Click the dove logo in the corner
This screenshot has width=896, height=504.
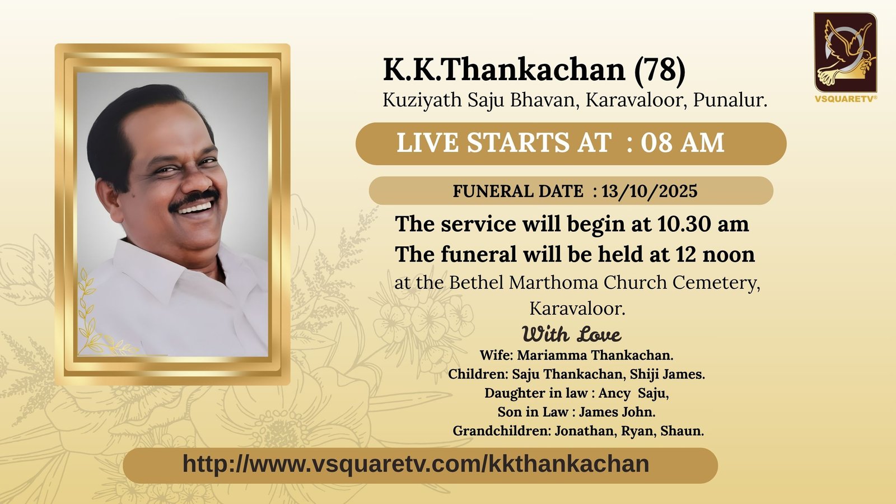pyautogui.click(x=845, y=52)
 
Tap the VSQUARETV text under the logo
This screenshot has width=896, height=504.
pyautogui.click(x=846, y=99)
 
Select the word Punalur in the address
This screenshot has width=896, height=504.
pyautogui.click(x=730, y=100)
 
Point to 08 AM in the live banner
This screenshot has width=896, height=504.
pyautogui.click(x=683, y=142)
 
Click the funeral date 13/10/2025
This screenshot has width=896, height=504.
pyautogui.click(x=650, y=191)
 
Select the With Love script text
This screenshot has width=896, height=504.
pyautogui.click(x=572, y=334)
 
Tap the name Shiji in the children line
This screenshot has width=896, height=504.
pyautogui.click(x=644, y=375)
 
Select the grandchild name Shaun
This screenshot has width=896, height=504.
pyautogui.click(x=682, y=431)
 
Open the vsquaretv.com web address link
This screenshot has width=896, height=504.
pyautogui.click(x=416, y=464)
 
